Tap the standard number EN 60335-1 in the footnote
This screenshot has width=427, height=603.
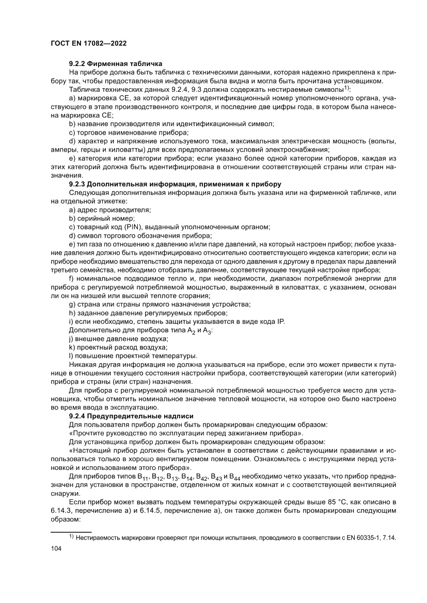(366, 537)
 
